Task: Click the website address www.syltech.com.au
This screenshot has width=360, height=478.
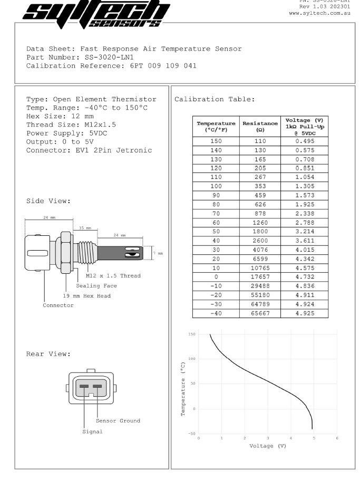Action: tap(319, 13)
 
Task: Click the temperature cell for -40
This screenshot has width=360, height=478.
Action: tap(216, 313)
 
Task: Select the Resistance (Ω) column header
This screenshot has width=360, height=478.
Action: tap(260, 126)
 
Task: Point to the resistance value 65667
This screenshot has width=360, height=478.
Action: tap(260, 313)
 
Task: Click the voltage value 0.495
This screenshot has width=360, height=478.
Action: tap(304, 141)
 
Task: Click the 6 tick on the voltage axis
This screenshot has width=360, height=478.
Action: tap(337, 438)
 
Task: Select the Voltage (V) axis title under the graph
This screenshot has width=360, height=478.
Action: tap(268, 446)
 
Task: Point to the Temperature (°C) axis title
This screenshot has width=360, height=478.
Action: tap(183, 389)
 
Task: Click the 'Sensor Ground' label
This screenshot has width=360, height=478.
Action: tap(118, 420)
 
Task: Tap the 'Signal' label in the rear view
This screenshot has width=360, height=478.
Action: tap(92, 432)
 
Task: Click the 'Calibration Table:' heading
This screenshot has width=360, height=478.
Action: tap(215, 99)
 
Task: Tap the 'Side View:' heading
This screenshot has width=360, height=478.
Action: tap(48, 201)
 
